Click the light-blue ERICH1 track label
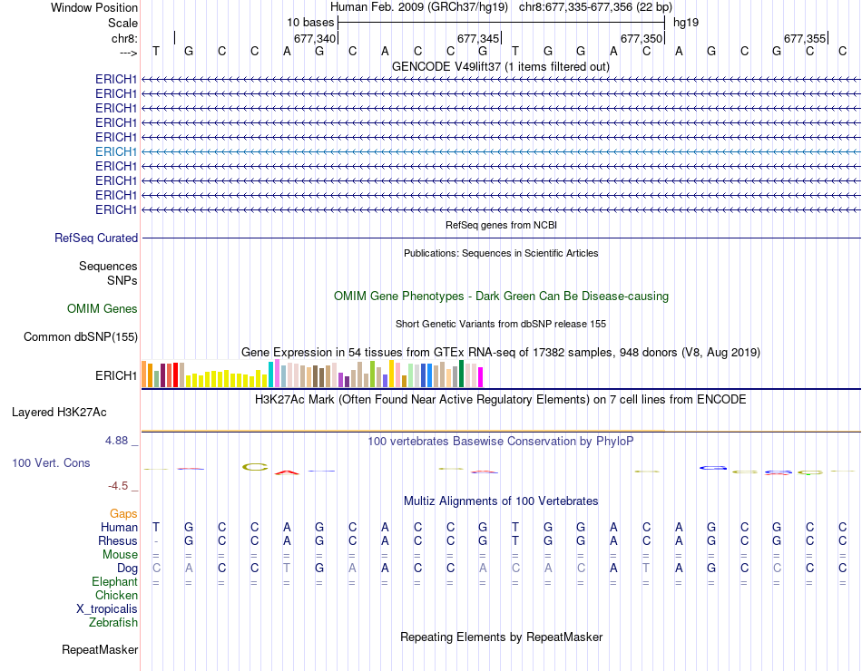click(116, 151)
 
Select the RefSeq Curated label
click(96, 238)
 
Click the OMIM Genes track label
click(103, 309)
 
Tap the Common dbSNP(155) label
click(81, 337)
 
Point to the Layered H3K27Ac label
click(59, 413)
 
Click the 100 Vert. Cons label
click(51, 463)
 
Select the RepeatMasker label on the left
click(100, 650)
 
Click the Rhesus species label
click(118, 541)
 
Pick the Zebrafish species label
click(113, 623)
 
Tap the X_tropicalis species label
click(107, 609)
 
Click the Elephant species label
click(114, 582)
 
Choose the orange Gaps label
click(123, 514)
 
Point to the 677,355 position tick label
click(805, 39)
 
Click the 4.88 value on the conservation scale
click(121, 441)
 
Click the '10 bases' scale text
click(310, 22)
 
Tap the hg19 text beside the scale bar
click(685, 22)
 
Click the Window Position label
click(94, 7)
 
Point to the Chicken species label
click(116, 596)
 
